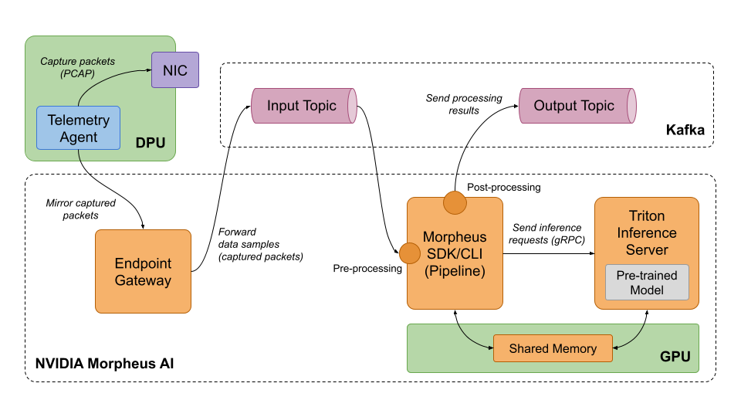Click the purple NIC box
click(174, 70)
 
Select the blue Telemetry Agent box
click(79, 128)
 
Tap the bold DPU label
click(151, 143)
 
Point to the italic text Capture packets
click(77, 61)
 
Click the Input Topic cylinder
click(303, 106)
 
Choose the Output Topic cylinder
click(576, 106)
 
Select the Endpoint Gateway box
click(143, 271)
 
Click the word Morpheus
click(455, 236)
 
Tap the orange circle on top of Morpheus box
click(455, 202)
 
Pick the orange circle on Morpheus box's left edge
click(410, 253)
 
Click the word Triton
click(646, 215)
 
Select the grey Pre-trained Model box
click(646, 283)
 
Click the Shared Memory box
click(553, 348)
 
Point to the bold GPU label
click(675, 357)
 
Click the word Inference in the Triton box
click(646, 232)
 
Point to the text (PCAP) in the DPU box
click(77, 74)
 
